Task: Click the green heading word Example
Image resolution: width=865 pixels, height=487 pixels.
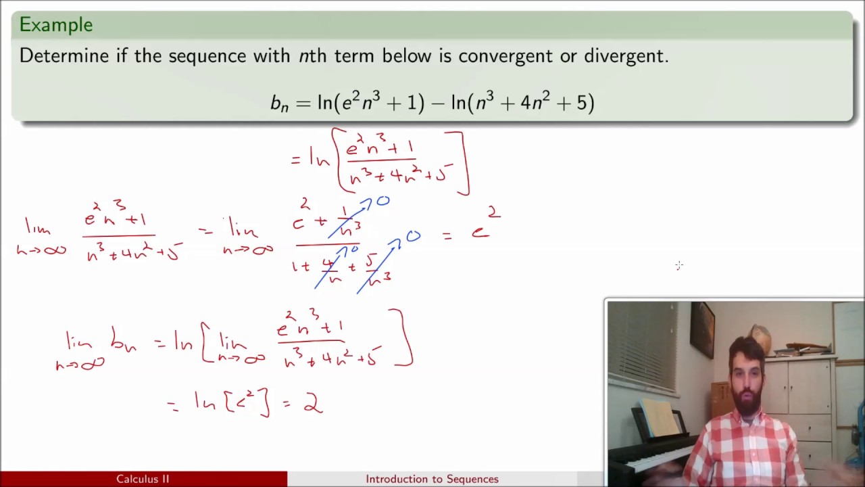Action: [x=55, y=25]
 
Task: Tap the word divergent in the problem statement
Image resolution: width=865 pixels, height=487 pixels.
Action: [x=626, y=56]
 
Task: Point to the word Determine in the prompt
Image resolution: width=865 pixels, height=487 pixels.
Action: [x=64, y=56]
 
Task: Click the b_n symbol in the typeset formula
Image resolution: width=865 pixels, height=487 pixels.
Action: [x=279, y=103]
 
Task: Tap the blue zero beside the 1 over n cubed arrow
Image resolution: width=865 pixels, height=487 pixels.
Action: [x=382, y=202]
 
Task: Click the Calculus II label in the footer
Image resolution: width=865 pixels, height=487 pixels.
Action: [x=143, y=479]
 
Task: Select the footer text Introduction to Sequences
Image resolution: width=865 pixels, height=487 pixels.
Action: [x=432, y=479]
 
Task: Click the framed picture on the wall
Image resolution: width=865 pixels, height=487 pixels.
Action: [x=702, y=329]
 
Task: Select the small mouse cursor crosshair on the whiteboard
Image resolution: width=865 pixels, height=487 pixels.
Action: [x=679, y=266]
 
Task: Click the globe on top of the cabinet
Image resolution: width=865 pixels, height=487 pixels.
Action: [x=761, y=338]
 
